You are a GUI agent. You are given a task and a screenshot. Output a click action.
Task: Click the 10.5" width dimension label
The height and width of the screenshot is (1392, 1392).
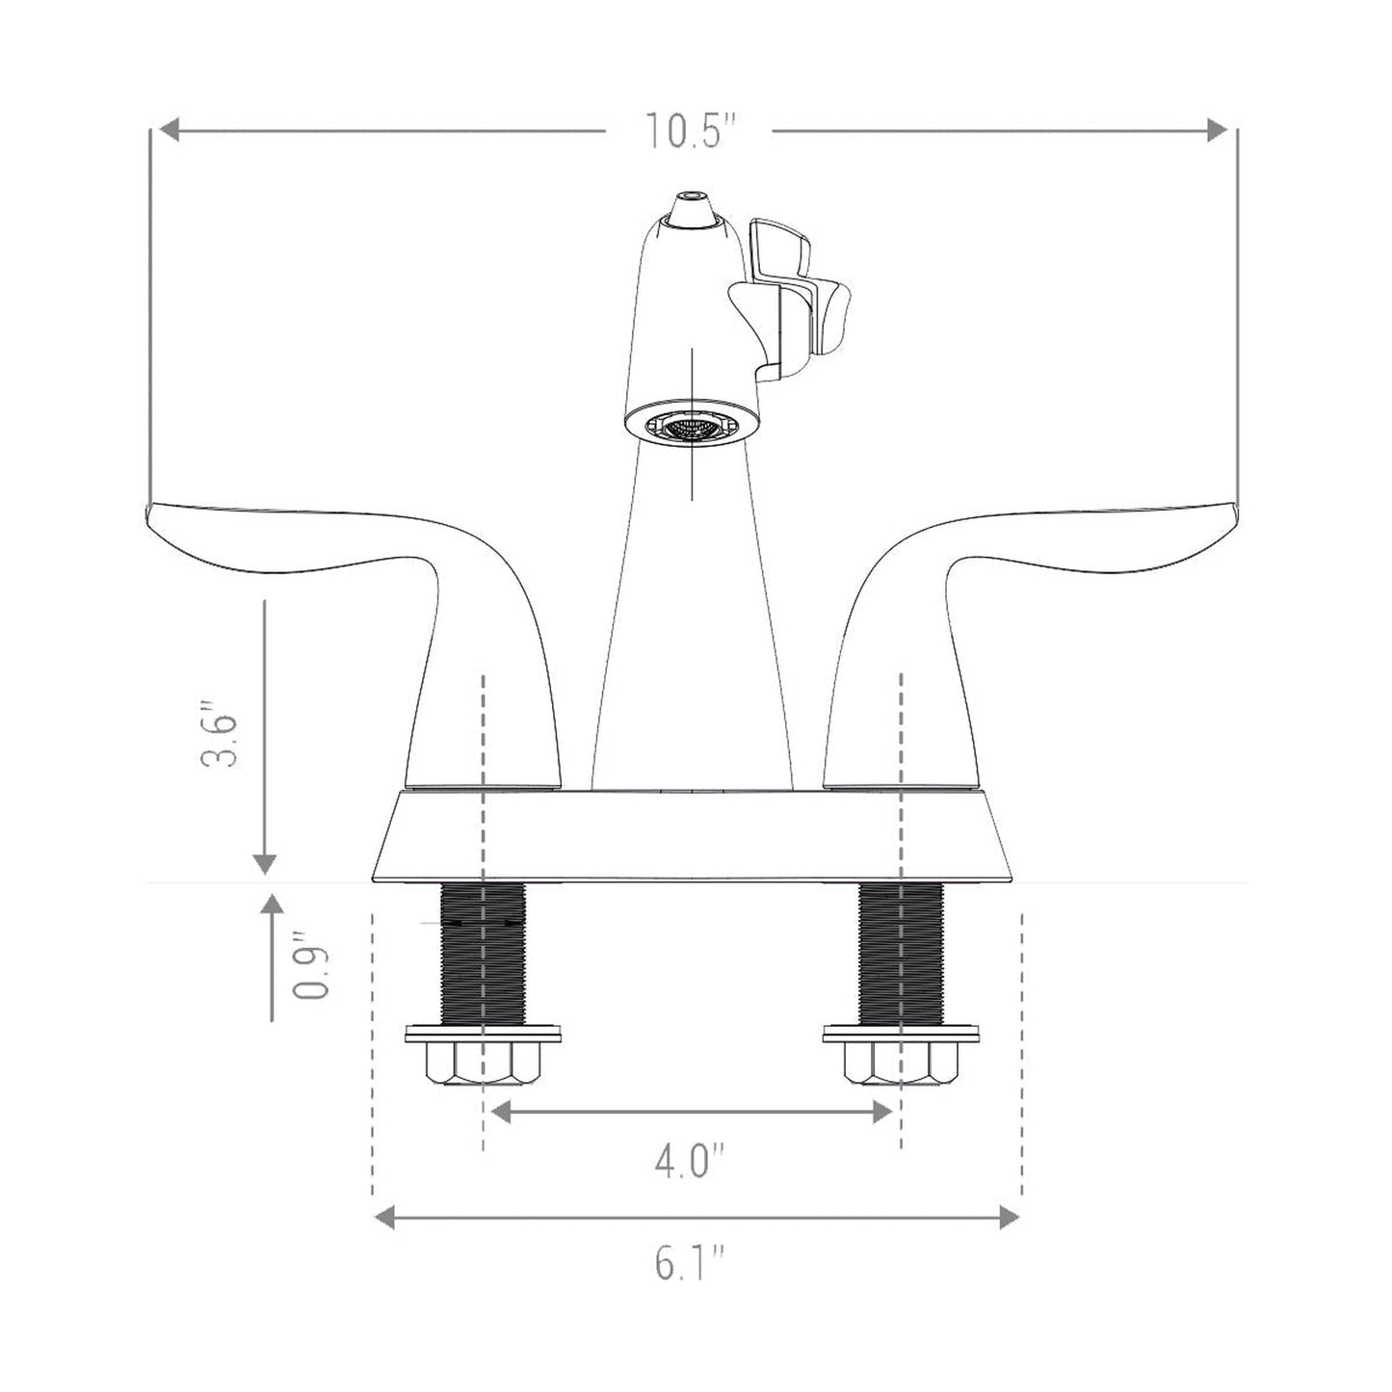[690, 131]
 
